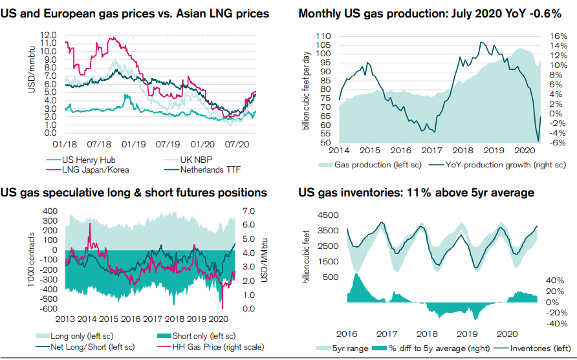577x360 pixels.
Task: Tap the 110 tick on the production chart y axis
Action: point(323,36)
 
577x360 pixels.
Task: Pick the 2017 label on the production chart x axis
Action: point(431,150)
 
